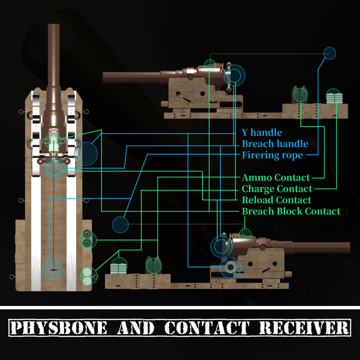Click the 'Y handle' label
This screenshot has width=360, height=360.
pos(262,133)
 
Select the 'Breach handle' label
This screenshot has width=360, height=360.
pos(275,144)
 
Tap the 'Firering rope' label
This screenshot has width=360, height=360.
pos(272,155)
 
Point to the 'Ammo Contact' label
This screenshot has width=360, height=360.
pos(276,178)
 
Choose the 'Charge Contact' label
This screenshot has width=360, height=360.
pos(277,189)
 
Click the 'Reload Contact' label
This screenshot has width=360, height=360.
pos(276,200)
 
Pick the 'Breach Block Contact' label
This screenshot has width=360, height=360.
pos(291,211)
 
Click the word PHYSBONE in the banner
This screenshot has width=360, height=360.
pos(59,328)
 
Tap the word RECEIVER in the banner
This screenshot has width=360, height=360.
pos(304,328)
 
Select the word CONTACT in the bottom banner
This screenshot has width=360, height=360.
pos(207,328)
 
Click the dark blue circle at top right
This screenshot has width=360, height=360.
pos(329,53)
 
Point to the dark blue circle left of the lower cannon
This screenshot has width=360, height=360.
pos(120,225)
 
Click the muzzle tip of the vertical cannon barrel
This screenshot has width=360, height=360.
pos(54,24)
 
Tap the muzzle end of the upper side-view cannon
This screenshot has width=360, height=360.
pos(104,77)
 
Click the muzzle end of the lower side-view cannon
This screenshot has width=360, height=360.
pos(349,247)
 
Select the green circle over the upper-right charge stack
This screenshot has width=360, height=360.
pos(333,96)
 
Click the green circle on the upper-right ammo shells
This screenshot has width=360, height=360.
pos(300,95)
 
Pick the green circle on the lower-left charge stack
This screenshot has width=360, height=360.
pos(119,265)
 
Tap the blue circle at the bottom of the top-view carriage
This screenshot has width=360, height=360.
pos(53,270)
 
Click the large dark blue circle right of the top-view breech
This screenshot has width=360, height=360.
pos(86,154)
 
